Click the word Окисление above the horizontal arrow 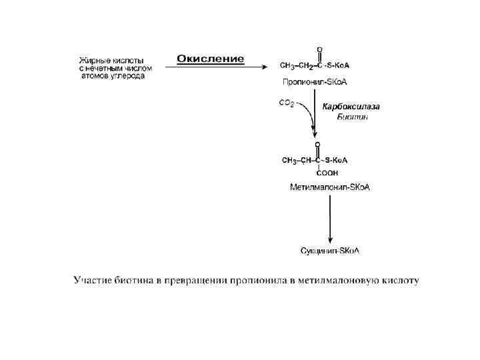pyautogui.click(x=210, y=59)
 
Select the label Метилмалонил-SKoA pyautogui.click(x=329, y=187)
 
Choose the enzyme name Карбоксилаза pyautogui.click(x=351, y=106)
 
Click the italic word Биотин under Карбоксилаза pyautogui.click(x=352, y=117)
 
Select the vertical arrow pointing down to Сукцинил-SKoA pyautogui.click(x=329, y=220)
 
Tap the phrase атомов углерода pyautogui.click(x=113, y=76)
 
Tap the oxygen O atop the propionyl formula pyautogui.click(x=319, y=50)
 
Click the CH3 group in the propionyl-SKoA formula pyautogui.click(x=288, y=65)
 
